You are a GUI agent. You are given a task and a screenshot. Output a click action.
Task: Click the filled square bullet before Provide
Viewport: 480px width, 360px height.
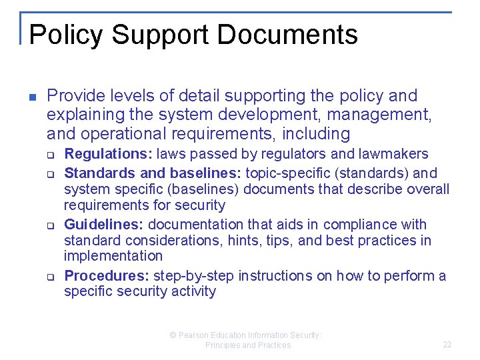[x=31, y=97]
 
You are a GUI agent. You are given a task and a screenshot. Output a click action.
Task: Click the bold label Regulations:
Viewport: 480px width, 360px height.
[x=108, y=154]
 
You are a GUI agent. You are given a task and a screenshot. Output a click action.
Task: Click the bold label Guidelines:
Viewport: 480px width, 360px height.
[x=103, y=225]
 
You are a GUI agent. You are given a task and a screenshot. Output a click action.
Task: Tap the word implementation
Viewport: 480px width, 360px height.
[x=113, y=256]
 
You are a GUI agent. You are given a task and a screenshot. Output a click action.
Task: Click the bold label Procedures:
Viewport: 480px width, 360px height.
[x=107, y=276]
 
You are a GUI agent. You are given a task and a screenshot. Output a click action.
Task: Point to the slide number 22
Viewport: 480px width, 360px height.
[x=447, y=345]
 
